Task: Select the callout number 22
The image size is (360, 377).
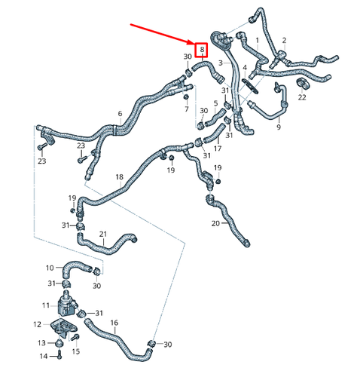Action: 302,97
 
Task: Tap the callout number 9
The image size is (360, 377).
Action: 279,127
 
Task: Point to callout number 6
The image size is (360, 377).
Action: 120,114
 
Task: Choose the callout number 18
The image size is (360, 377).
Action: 120,177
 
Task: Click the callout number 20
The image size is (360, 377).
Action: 215,223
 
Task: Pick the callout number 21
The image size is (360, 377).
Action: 103,234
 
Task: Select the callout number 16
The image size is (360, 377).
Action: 114,323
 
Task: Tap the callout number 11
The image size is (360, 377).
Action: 46,305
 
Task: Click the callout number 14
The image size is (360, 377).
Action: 44,356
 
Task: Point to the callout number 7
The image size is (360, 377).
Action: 187,109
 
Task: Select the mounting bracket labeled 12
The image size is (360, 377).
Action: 63,327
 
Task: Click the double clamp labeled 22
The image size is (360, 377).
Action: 304,84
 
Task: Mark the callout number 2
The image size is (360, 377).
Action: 284,40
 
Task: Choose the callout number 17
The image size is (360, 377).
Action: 218,149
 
